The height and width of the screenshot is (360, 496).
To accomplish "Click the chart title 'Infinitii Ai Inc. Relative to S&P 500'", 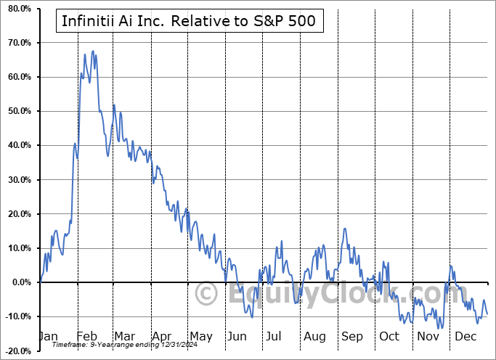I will tap(189, 21).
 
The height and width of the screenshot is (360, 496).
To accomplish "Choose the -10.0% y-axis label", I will tap(18, 316).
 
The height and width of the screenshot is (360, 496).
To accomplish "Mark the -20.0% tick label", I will tap(18, 351).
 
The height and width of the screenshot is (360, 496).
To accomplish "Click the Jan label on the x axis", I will tap(47, 337).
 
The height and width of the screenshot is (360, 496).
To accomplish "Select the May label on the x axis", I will tap(200, 337).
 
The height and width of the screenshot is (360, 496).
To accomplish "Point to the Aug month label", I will tap(314, 337).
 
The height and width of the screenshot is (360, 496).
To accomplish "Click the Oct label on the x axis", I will tap(390, 337).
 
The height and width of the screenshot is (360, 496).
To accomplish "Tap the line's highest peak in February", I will tap(92, 52).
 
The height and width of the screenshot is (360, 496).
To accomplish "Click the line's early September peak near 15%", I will tap(345, 229).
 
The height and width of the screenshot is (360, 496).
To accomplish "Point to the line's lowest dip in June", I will tap(252, 317).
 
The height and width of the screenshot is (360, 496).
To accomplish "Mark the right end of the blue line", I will tap(487, 314).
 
